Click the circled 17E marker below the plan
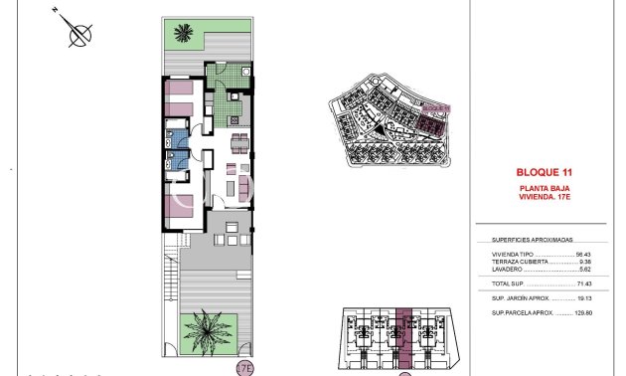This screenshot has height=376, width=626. click(244, 368)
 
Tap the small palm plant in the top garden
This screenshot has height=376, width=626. click(182, 34)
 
